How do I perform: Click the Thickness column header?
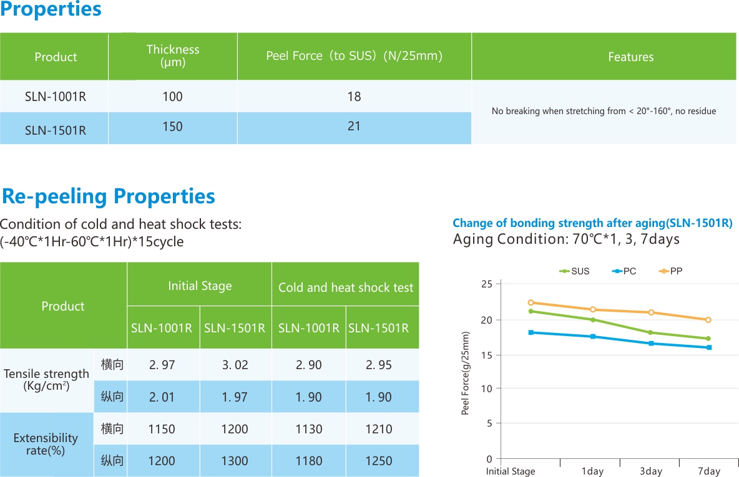pos(173,55)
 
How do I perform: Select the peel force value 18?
pos(354,97)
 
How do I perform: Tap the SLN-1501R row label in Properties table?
pos(56,130)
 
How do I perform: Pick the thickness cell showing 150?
pos(173,127)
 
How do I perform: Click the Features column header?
pos(630,57)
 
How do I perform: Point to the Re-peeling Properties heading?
pos(109,196)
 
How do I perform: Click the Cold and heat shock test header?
pos(346,287)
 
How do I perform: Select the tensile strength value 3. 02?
pos(235,365)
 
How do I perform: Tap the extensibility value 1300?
pos(235,461)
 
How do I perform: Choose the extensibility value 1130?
pos(309,429)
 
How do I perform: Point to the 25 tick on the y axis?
pos(487,284)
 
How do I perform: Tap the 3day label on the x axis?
pos(650,471)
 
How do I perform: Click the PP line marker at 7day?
pos(708,320)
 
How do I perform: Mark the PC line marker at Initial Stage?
pos(531,332)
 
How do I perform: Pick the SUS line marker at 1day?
pos(593,320)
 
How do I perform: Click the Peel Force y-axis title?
pos(465,373)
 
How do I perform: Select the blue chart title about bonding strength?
pos(592,223)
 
